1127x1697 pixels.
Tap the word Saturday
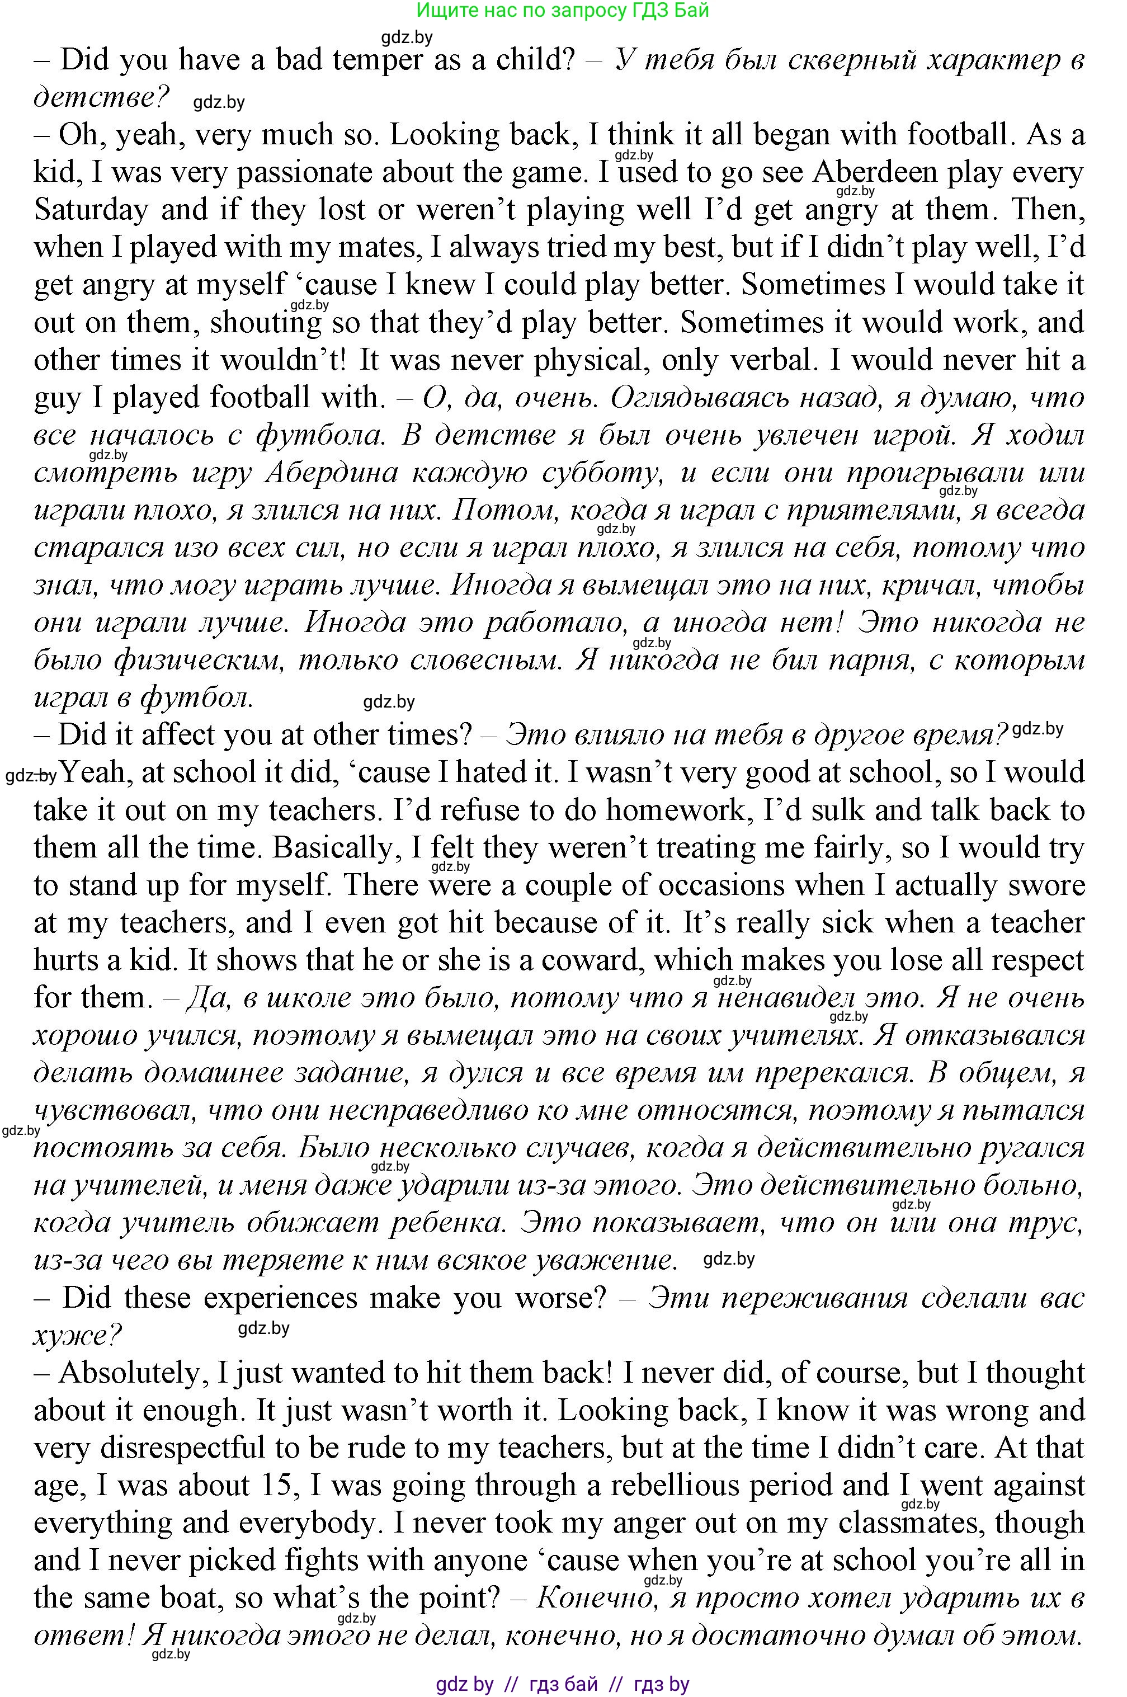tap(91, 210)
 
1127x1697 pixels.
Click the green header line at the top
tap(563, 10)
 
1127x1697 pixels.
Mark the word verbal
tap(774, 360)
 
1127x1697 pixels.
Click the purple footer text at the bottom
tap(563, 1684)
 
